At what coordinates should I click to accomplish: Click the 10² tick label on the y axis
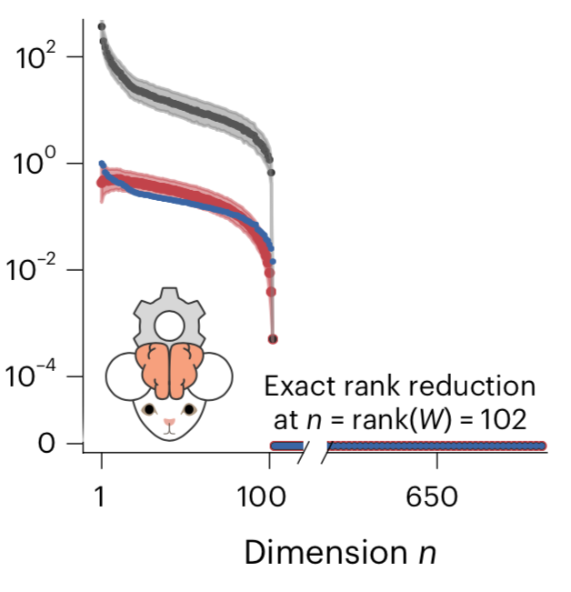coord(35,56)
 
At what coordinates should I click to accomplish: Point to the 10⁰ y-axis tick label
coord(35,164)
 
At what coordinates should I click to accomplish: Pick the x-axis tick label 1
coord(101,497)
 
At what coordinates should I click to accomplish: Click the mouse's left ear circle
coord(125,376)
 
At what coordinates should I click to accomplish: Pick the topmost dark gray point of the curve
coord(102,25)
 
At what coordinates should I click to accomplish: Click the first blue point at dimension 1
coord(102,164)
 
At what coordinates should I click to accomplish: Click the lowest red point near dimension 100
coord(273,339)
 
